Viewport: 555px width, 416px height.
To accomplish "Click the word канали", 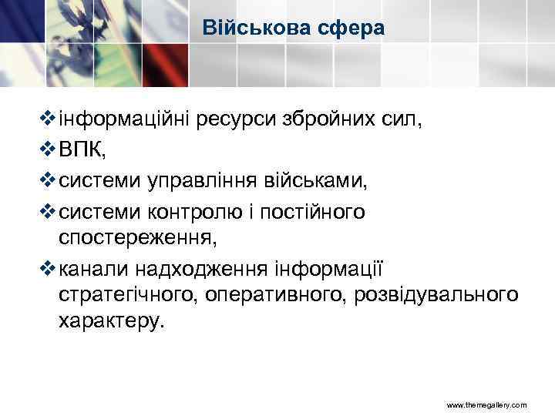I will (x=92, y=269).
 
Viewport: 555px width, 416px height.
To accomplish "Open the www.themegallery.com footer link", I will (x=486, y=404).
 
